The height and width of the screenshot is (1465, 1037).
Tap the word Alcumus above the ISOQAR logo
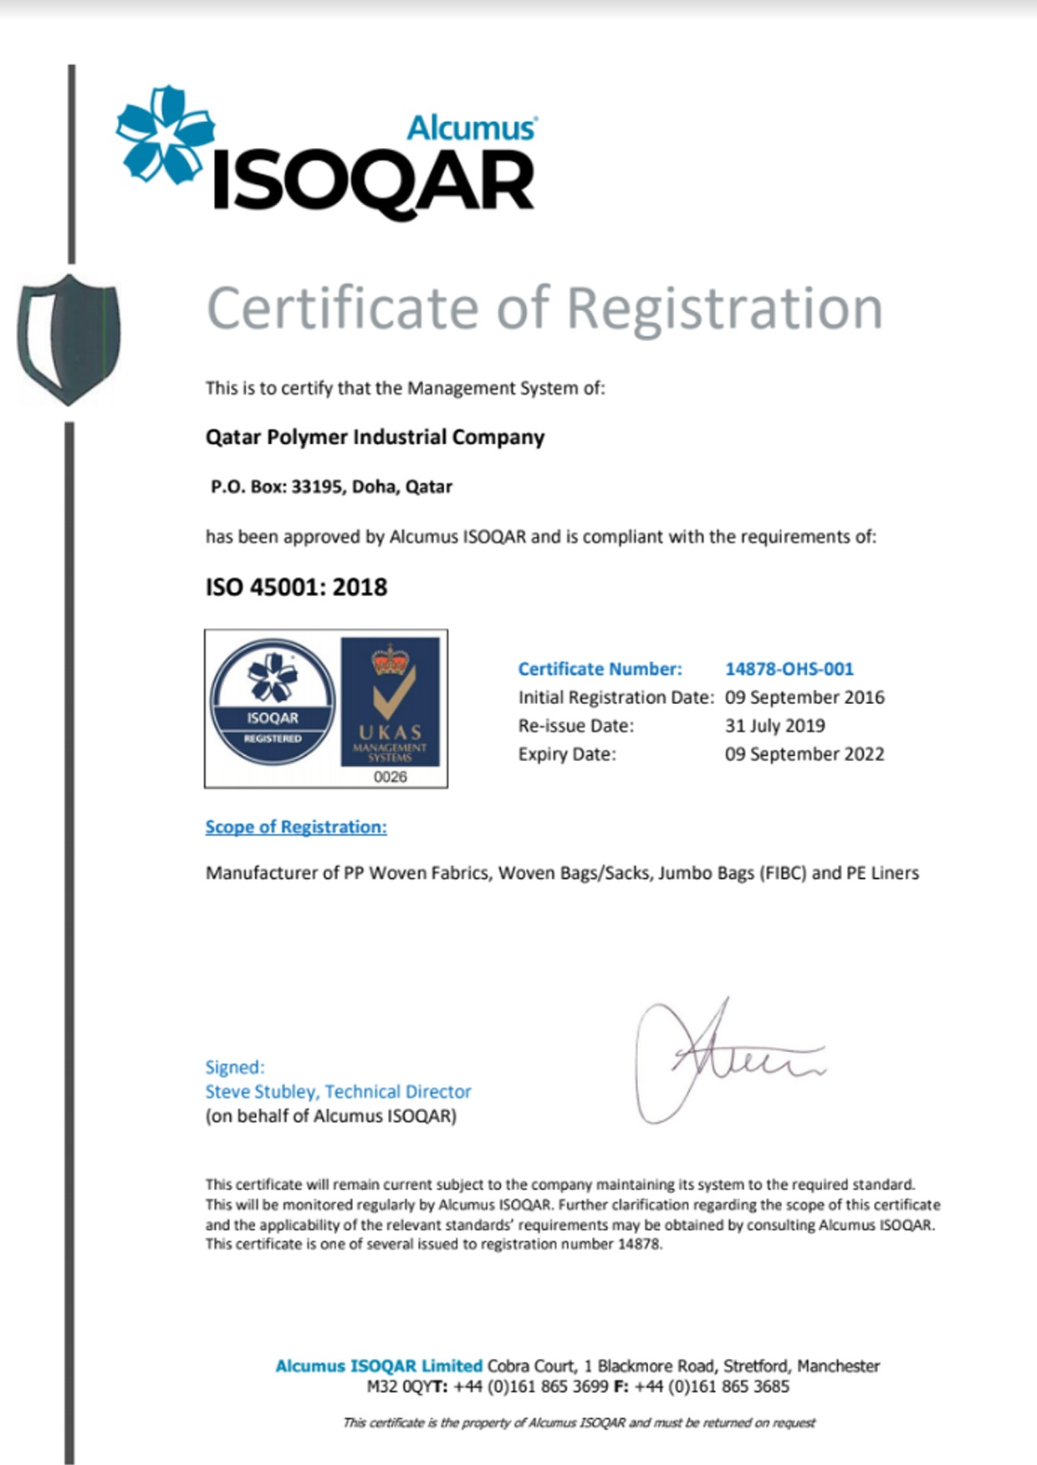coord(472,128)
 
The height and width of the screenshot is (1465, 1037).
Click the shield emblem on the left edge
coord(69,339)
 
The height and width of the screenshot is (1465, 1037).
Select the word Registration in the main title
coord(724,308)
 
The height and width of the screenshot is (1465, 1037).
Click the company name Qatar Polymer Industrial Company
coord(375,437)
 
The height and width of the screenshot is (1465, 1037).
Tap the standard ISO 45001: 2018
coord(296,587)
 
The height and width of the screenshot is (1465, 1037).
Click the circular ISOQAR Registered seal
coord(273,702)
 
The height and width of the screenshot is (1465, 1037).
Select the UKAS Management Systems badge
coord(390,702)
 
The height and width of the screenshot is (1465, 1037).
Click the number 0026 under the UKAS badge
coord(390,777)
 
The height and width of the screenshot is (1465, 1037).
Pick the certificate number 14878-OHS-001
coord(789,669)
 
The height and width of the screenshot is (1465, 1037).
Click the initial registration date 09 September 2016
coord(804,697)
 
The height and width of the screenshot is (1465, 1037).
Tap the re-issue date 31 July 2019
coord(774,726)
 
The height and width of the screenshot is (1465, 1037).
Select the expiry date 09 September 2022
coord(804,754)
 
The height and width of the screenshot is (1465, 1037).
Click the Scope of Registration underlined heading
coord(296,827)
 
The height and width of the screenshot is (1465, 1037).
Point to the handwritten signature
coord(719,1058)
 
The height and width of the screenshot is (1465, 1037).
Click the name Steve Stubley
coord(261,1091)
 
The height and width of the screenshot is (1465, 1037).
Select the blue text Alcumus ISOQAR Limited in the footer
coord(379,1365)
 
